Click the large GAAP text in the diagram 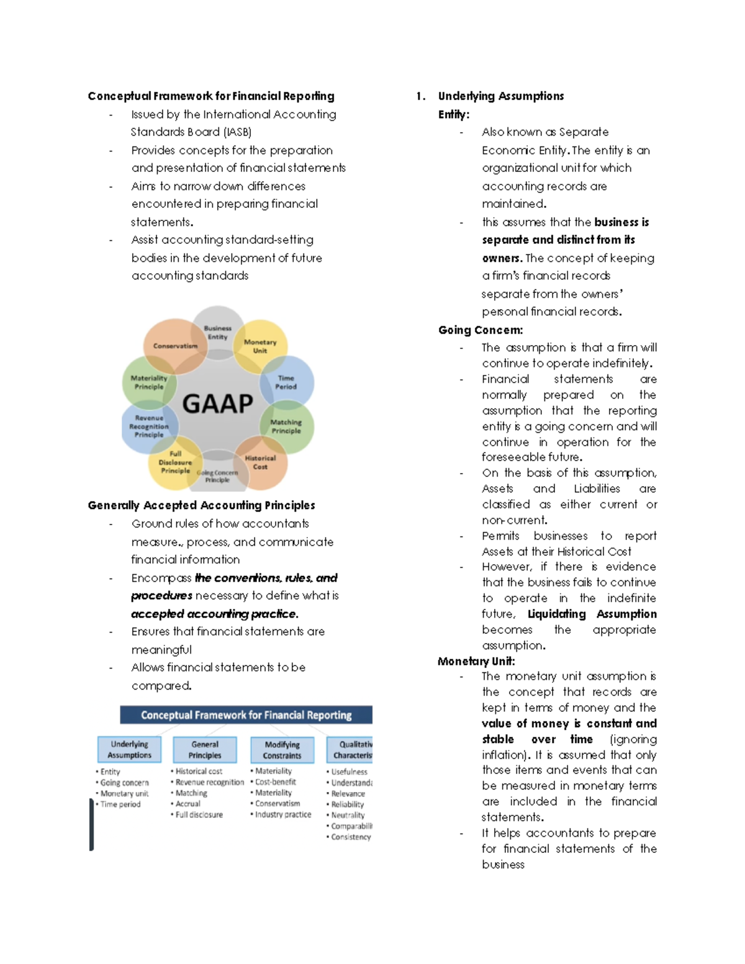coord(217,404)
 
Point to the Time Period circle coord(286,382)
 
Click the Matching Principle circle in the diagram coord(286,426)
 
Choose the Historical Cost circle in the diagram coord(260,462)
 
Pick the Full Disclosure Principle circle coord(175,462)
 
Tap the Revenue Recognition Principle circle coord(149,426)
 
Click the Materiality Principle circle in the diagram coord(149,382)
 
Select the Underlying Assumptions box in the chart coord(129,749)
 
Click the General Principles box coord(205,749)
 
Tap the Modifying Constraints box coord(282,750)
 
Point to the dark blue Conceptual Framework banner coord(246,715)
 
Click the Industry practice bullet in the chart coord(283,814)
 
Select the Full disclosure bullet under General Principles coord(199,814)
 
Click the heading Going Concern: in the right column coord(481,330)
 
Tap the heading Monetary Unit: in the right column coord(476,661)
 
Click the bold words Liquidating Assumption coord(592,614)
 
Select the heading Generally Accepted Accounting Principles coord(201,505)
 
